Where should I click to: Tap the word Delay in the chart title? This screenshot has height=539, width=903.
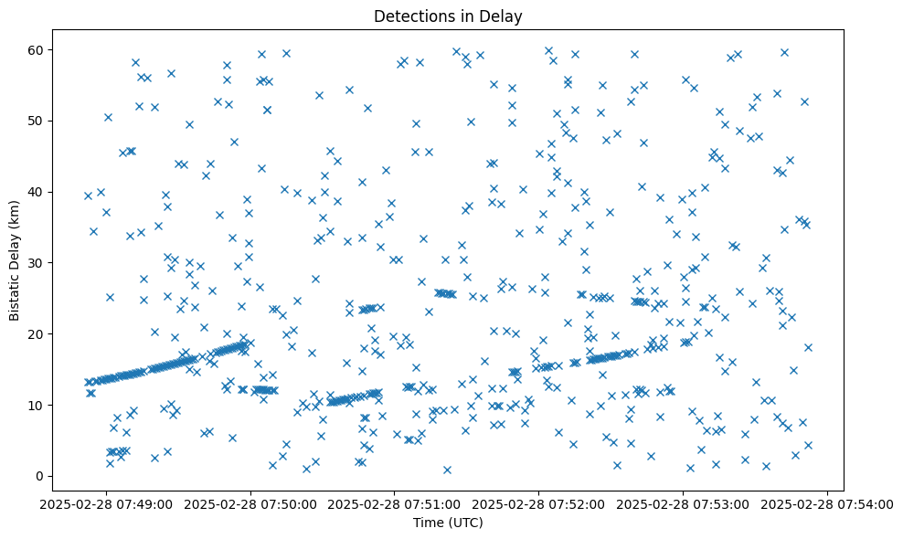point(502,16)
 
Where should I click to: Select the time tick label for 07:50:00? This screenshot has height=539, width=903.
point(251,502)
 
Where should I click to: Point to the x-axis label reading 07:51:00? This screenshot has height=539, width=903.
point(395,502)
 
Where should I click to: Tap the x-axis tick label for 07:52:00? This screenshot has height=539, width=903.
point(539,502)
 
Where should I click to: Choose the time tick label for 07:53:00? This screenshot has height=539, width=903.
point(683,502)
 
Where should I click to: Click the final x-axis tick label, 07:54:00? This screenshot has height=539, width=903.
point(827,502)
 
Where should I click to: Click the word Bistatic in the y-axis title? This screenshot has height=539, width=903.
point(15,291)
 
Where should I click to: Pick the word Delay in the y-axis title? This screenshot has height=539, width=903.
point(15,239)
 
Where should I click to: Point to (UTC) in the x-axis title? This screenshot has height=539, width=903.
point(465,523)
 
